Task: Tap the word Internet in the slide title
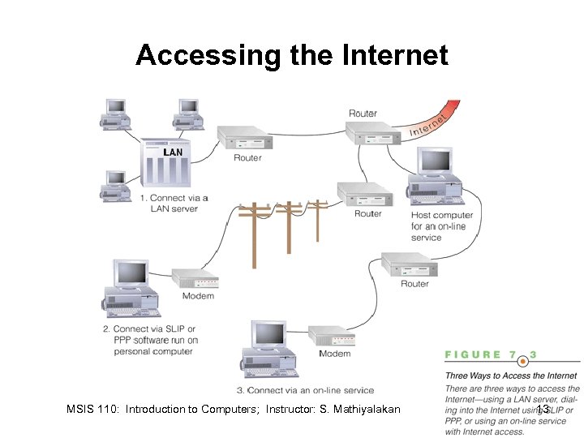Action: point(396,55)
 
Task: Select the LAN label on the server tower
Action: point(173,152)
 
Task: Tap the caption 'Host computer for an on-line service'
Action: point(441,226)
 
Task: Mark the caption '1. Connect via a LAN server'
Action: point(174,203)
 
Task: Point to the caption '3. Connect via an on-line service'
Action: point(305,390)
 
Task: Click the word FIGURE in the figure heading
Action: point(472,354)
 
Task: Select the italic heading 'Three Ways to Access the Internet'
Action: point(511,376)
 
